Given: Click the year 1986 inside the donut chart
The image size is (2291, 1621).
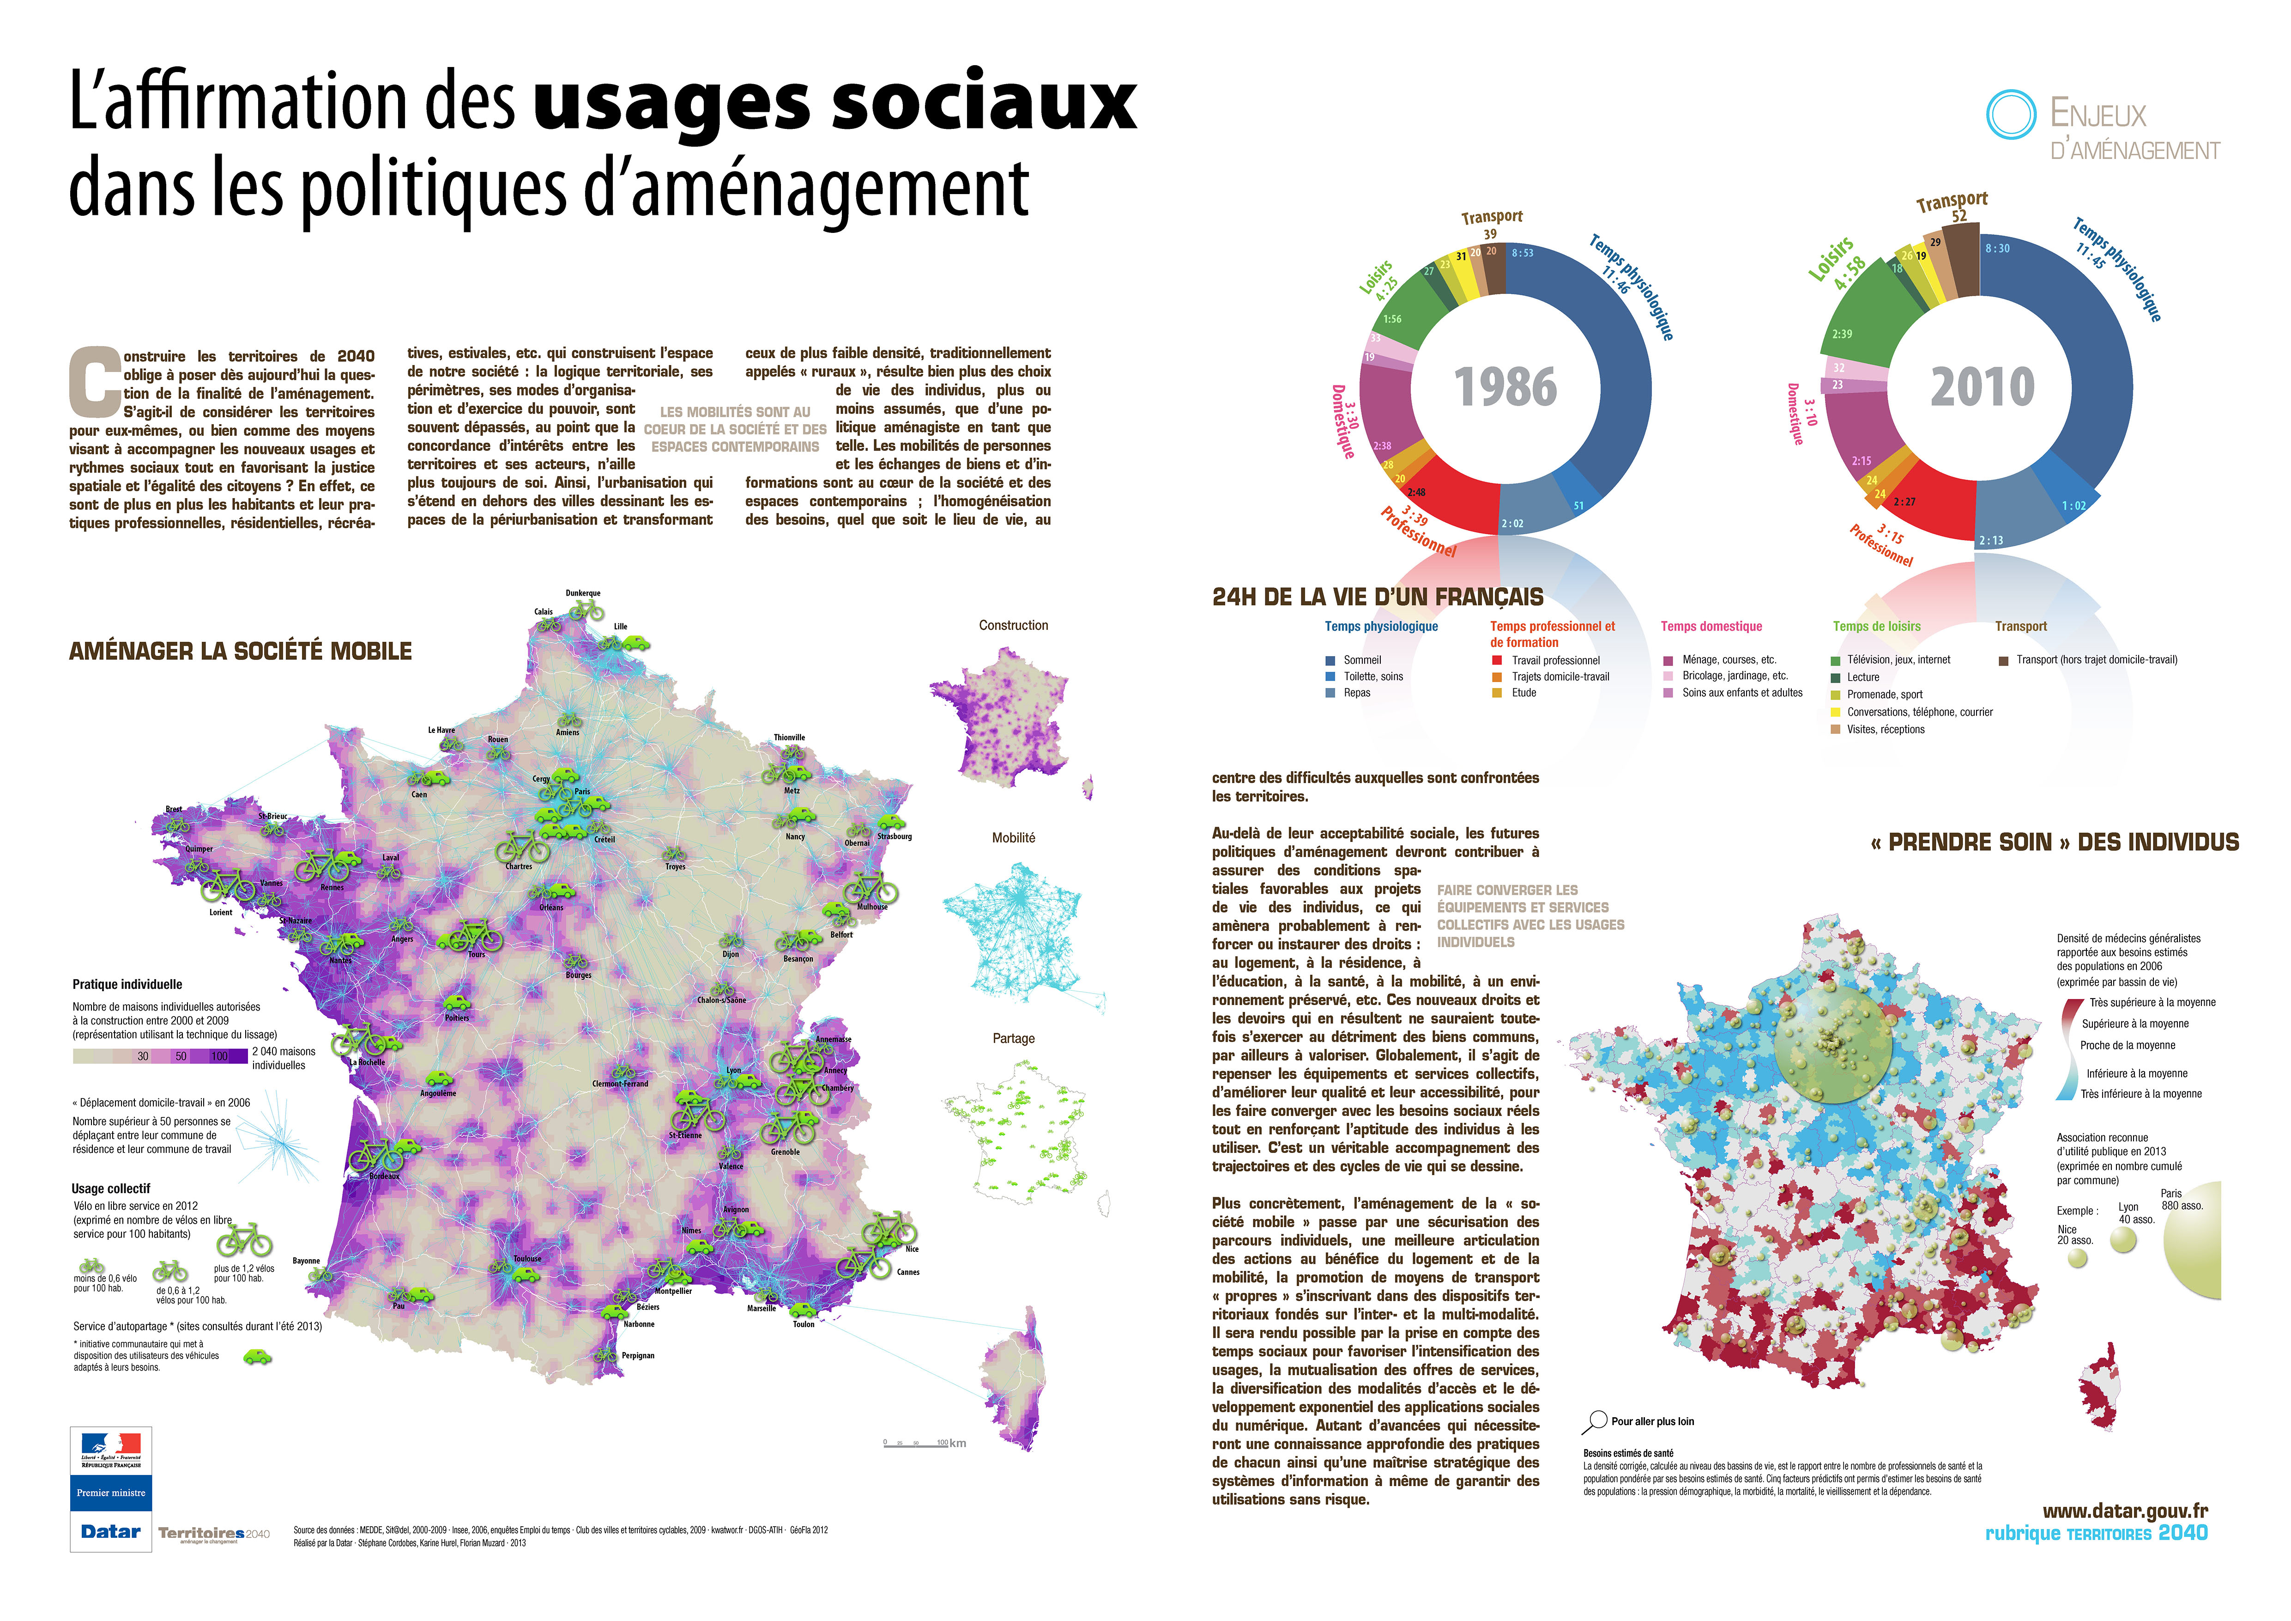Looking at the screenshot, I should pyautogui.click(x=1505, y=387).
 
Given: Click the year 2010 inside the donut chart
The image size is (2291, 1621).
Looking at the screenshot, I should pyautogui.click(x=1982, y=387).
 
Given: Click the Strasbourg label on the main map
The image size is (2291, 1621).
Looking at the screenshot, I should pyautogui.click(x=894, y=836).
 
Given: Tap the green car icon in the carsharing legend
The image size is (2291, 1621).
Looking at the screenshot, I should pyautogui.click(x=257, y=1358).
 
